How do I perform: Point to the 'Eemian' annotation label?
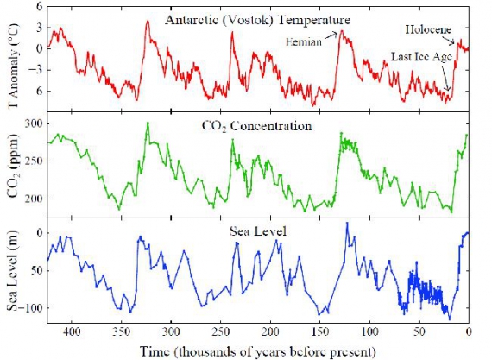pyautogui.click(x=304, y=41)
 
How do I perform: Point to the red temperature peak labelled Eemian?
pyautogui.click(x=341, y=32)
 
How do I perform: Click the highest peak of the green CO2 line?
pyautogui.click(x=148, y=123)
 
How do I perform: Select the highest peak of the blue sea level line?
pyautogui.click(x=347, y=223)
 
